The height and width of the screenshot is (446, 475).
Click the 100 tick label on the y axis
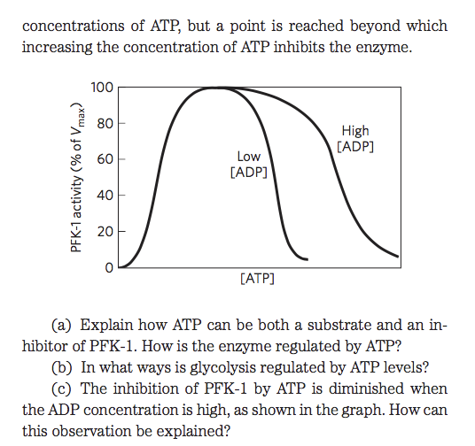(x=102, y=88)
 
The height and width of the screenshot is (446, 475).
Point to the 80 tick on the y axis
(x=105, y=123)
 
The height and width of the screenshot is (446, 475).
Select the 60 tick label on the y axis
(x=105, y=159)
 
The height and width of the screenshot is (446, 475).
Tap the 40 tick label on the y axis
(x=105, y=195)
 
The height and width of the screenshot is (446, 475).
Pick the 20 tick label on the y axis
(x=105, y=231)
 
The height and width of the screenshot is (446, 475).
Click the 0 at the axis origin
(x=109, y=266)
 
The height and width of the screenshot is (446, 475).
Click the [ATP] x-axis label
(x=257, y=279)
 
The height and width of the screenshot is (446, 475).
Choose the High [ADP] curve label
(x=355, y=138)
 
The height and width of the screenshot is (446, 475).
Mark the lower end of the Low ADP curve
(x=306, y=259)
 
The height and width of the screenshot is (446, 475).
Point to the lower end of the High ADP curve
(x=398, y=258)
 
